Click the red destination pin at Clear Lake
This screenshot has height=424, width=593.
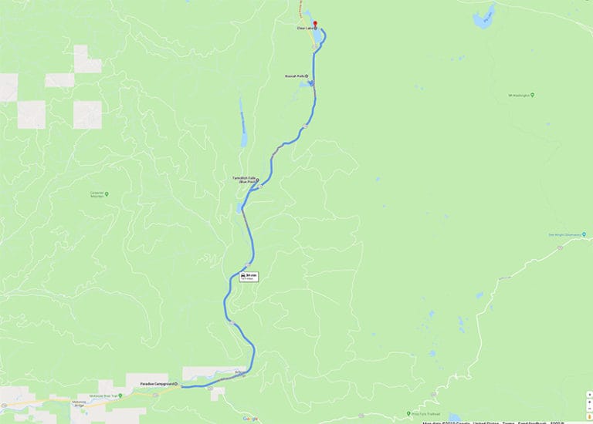[x=315, y=24]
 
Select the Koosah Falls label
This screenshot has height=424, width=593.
[x=296, y=76]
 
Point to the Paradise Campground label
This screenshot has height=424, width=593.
[x=158, y=384]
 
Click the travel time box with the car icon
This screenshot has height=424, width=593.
[x=248, y=276]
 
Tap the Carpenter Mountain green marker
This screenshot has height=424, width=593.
[x=107, y=193]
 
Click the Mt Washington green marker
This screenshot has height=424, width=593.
[x=532, y=95]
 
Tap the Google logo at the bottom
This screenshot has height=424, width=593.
[x=250, y=419]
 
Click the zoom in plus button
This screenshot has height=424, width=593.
[x=588, y=395]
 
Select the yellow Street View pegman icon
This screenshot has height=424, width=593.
[x=588, y=416]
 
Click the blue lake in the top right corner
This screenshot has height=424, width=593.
[x=483, y=17]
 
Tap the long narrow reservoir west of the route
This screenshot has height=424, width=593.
[x=242, y=123]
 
